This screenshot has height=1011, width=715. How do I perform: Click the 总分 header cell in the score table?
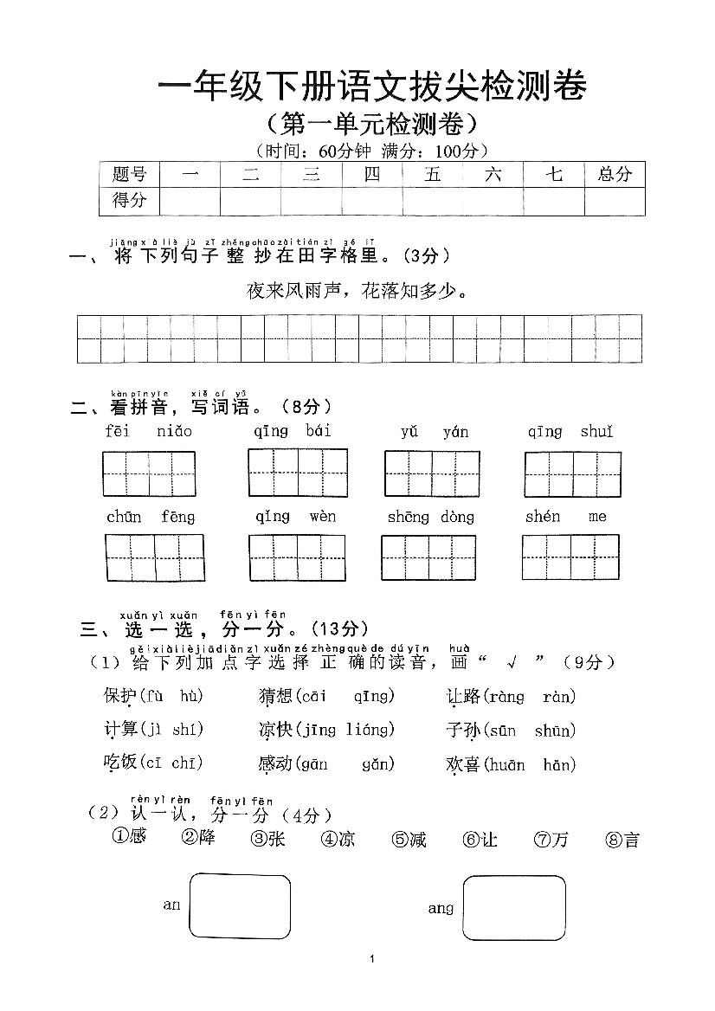coord(615,174)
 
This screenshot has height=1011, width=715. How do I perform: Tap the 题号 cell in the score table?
coord(130,174)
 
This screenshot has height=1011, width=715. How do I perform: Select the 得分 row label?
coord(130,201)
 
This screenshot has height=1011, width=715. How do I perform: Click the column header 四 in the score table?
coord(372,174)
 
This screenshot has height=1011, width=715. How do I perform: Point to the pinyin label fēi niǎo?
coord(149,431)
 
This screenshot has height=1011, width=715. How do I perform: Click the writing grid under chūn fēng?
coord(155,558)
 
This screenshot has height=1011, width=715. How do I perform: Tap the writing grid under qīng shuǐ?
coord(572,473)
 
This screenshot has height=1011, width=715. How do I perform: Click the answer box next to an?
coord(240,905)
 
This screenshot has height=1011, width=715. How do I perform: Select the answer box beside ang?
coord(514,907)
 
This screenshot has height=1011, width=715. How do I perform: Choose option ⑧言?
coord(622,839)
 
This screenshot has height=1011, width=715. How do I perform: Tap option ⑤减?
coord(409,839)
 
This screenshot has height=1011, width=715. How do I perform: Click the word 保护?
coord(119,696)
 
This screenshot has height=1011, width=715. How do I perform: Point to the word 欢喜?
coord(462,764)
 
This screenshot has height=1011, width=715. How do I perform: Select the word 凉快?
coord(275,730)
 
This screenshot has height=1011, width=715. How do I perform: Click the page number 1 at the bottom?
coord(371,959)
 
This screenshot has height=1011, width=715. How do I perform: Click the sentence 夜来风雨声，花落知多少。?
coord(358,291)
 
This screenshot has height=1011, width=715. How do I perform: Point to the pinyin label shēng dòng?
coord(431,517)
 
